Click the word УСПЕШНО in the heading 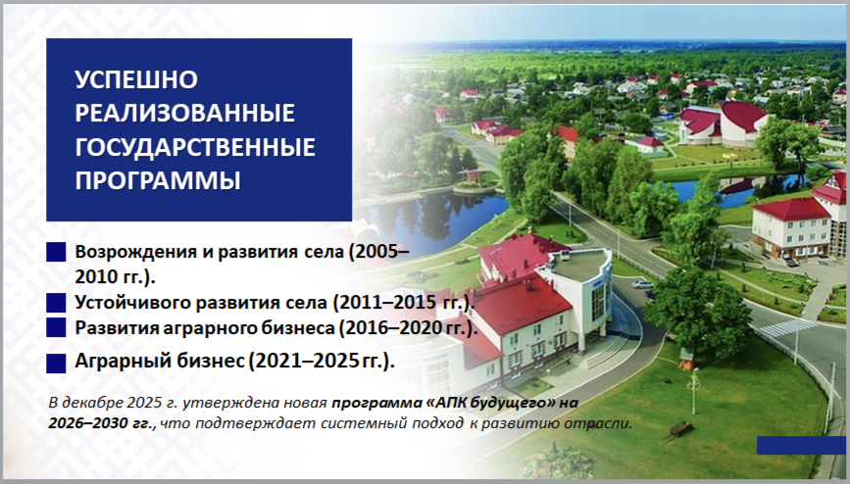pos(136,79)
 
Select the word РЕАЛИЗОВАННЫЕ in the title pos(185,114)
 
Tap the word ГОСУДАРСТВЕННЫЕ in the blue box pos(195,147)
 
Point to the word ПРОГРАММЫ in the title pos(158,181)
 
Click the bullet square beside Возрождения pos(56,252)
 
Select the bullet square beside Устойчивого pos(56,303)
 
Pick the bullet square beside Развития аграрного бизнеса pos(56,327)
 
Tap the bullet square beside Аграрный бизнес pos(56,363)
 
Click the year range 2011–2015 pos(386,303)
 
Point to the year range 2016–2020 pos(393,328)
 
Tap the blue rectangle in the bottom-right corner pos(801,445)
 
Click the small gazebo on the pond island pos(475,176)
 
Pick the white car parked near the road pos(642,283)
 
